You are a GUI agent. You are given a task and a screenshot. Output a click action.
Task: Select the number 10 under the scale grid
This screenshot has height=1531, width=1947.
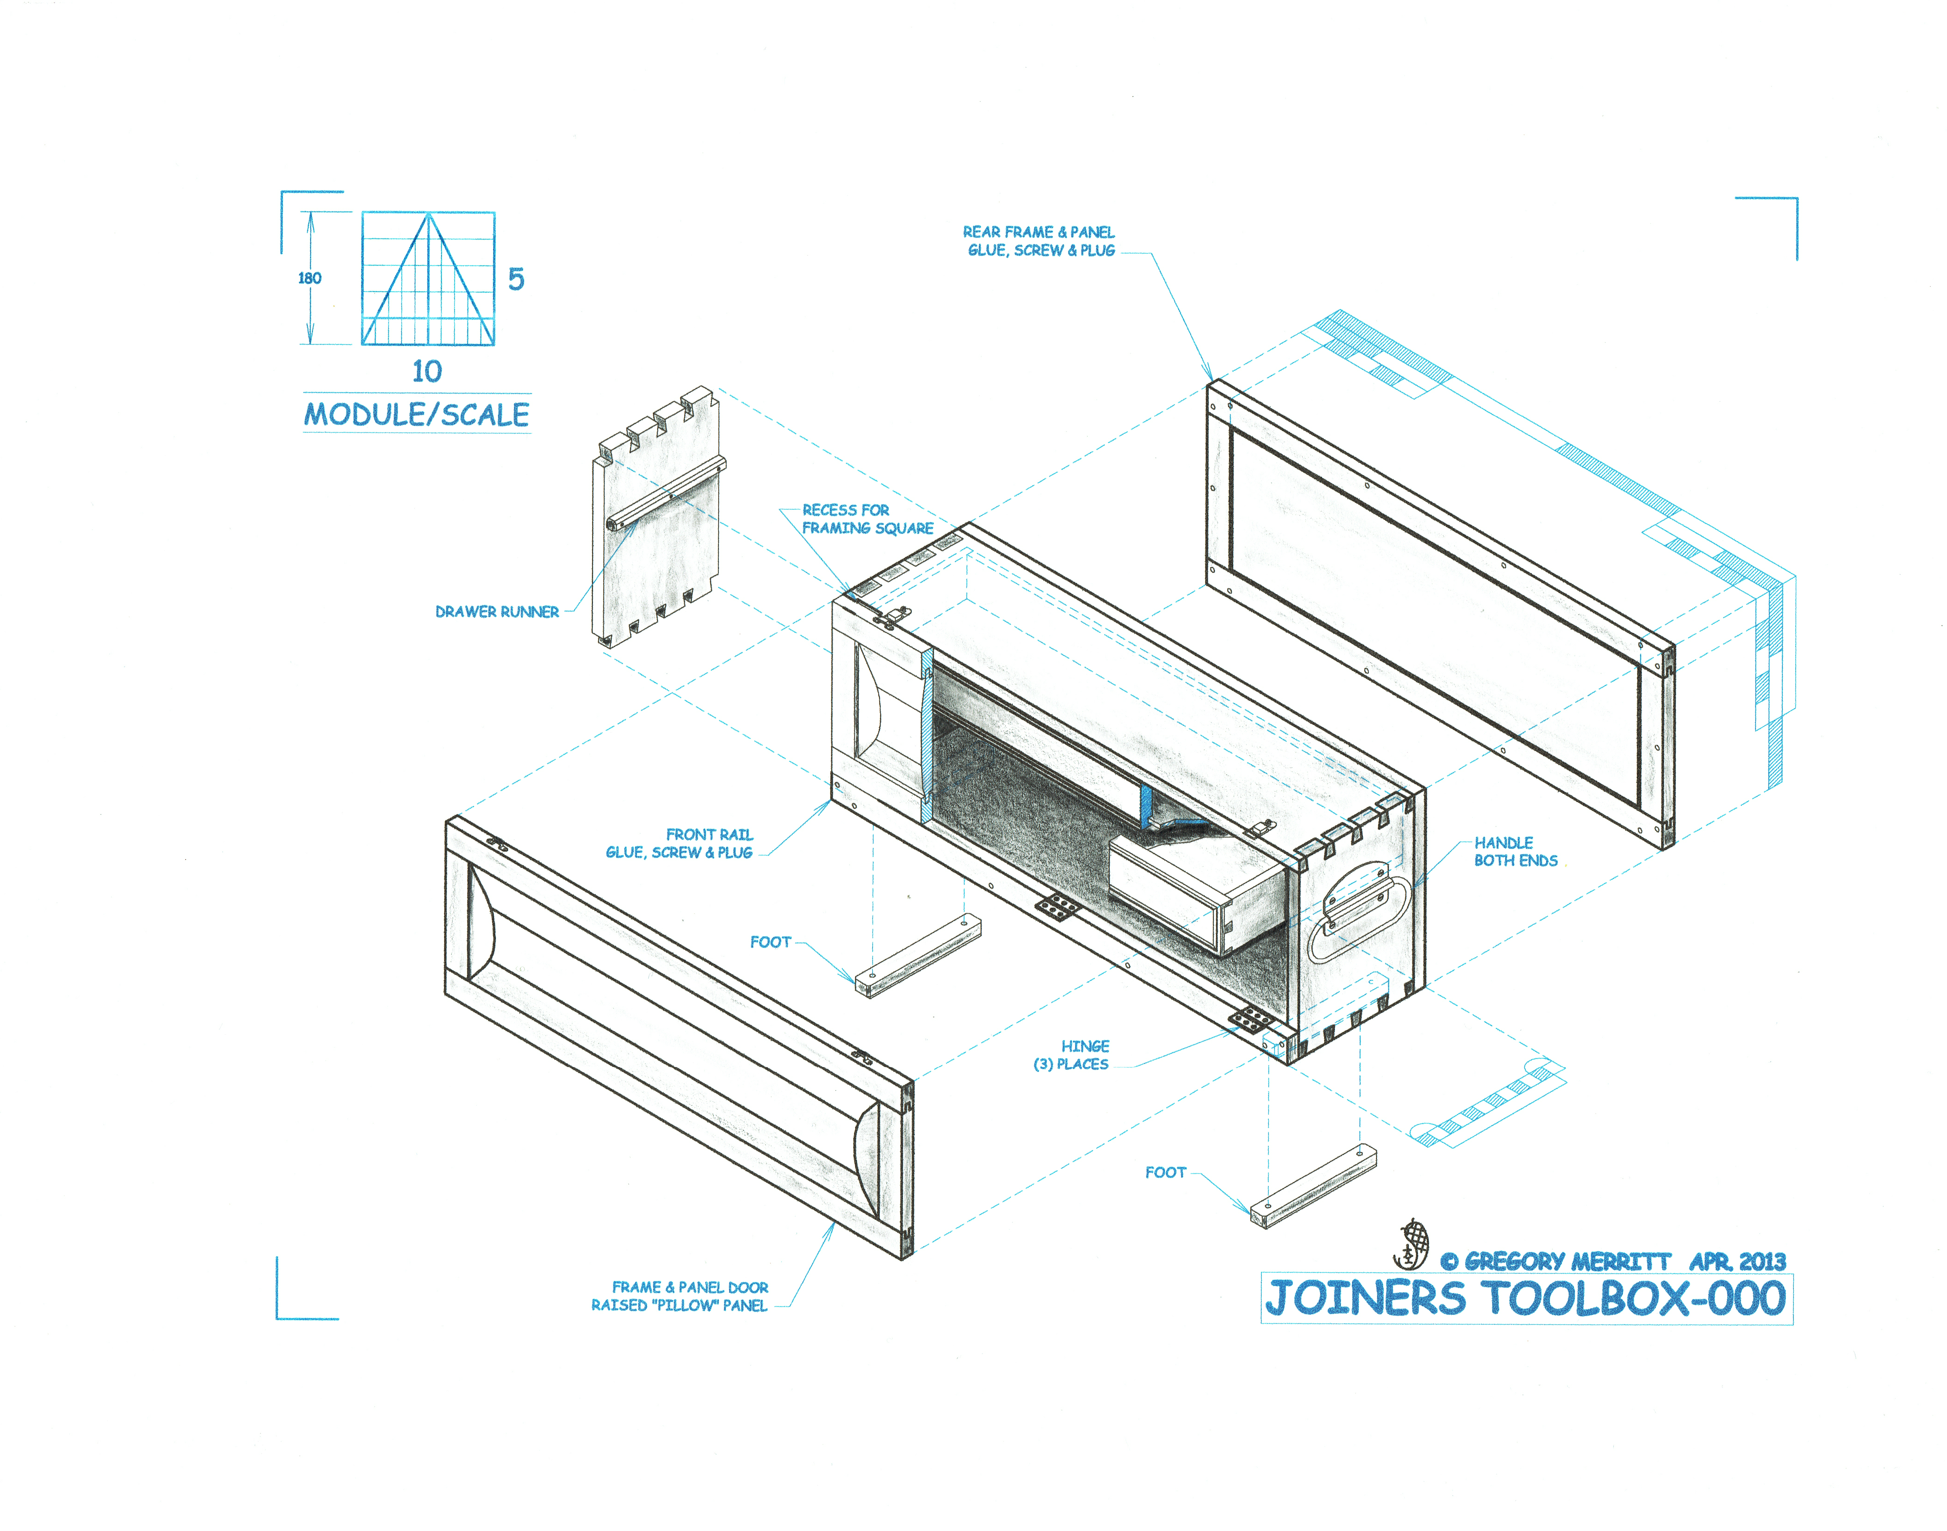click(x=427, y=371)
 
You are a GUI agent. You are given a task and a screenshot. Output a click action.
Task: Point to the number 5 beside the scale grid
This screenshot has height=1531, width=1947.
click(x=516, y=279)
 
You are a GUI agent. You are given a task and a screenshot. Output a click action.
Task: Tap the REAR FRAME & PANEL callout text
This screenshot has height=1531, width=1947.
click(x=1039, y=241)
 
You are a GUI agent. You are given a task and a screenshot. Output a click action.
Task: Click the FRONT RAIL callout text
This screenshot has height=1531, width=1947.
click(x=679, y=843)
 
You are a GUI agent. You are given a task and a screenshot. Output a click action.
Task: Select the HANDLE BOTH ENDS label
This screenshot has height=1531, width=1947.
click(x=1516, y=852)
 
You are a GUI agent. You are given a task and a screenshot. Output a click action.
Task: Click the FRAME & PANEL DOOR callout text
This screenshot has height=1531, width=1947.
click(x=679, y=1296)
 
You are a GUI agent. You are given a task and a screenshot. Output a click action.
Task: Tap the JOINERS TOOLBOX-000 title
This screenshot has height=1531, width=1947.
click(x=1526, y=1299)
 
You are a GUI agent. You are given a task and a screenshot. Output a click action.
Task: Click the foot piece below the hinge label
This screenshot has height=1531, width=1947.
click(x=1313, y=1188)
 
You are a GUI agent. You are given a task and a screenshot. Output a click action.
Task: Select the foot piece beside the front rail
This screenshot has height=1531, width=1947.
click(x=918, y=955)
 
